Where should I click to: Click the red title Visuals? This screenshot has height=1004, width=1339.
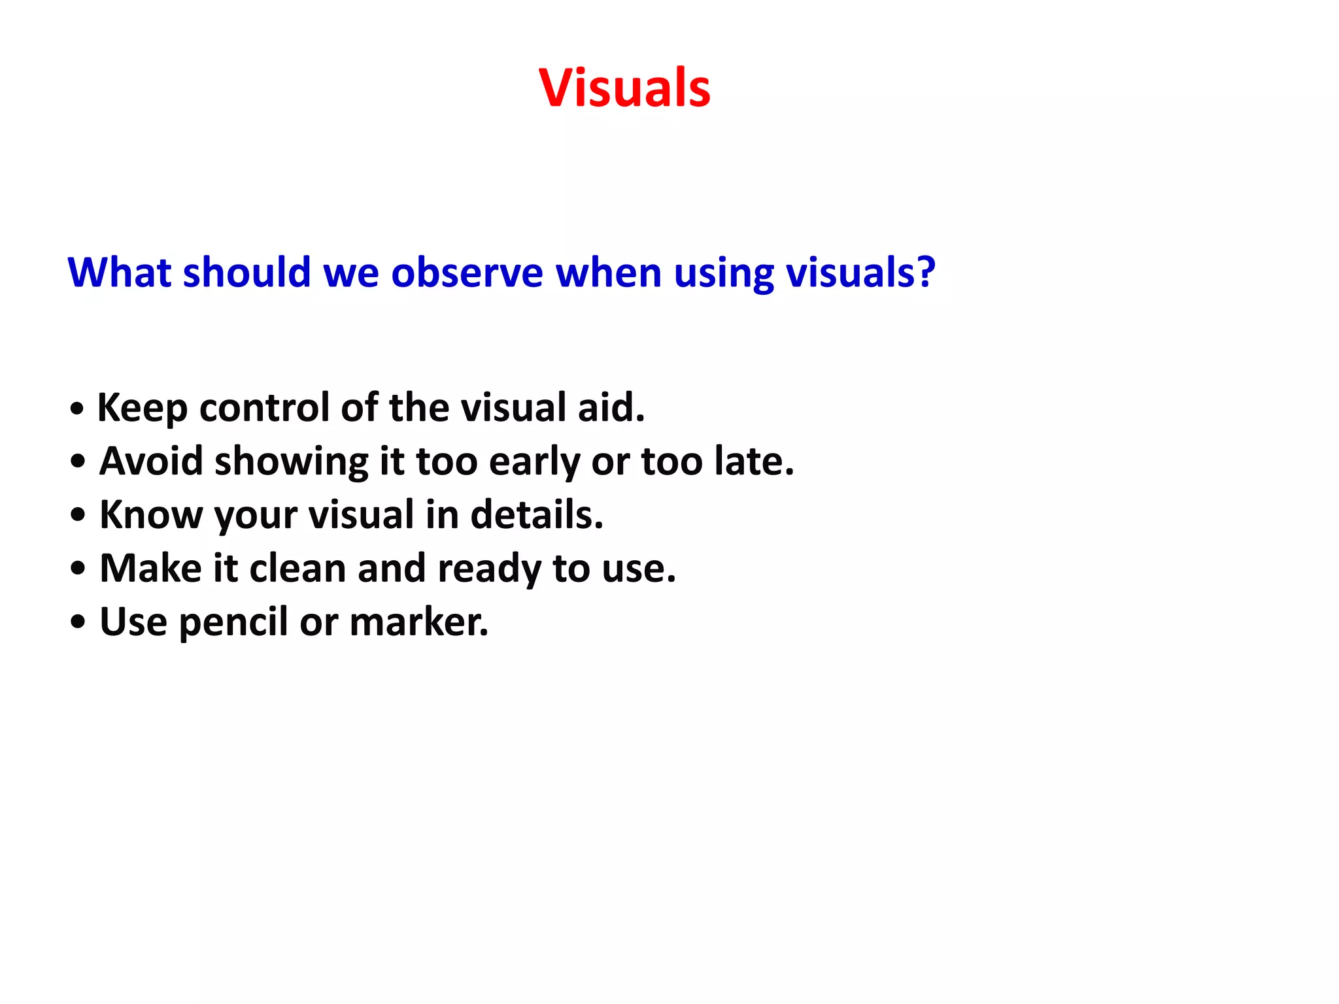click(x=624, y=88)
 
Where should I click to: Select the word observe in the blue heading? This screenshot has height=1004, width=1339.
click(x=467, y=273)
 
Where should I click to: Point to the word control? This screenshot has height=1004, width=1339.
click(x=264, y=407)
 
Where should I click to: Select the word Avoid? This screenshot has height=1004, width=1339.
click(x=151, y=461)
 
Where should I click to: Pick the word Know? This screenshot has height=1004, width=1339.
click(x=151, y=514)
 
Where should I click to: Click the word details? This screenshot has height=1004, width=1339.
click(x=536, y=514)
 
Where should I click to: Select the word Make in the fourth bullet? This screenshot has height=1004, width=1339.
click(x=150, y=568)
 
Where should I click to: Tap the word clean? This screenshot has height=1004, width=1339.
click(x=297, y=568)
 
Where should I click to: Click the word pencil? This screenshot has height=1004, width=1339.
click(x=233, y=623)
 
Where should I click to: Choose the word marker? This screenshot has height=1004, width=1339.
click(x=418, y=622)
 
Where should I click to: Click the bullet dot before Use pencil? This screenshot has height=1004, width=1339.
click(x=78, y=623)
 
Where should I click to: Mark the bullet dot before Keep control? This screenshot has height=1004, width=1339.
click(x=77, y=410)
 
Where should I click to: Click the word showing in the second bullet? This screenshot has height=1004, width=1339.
click(x=292, y=462)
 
